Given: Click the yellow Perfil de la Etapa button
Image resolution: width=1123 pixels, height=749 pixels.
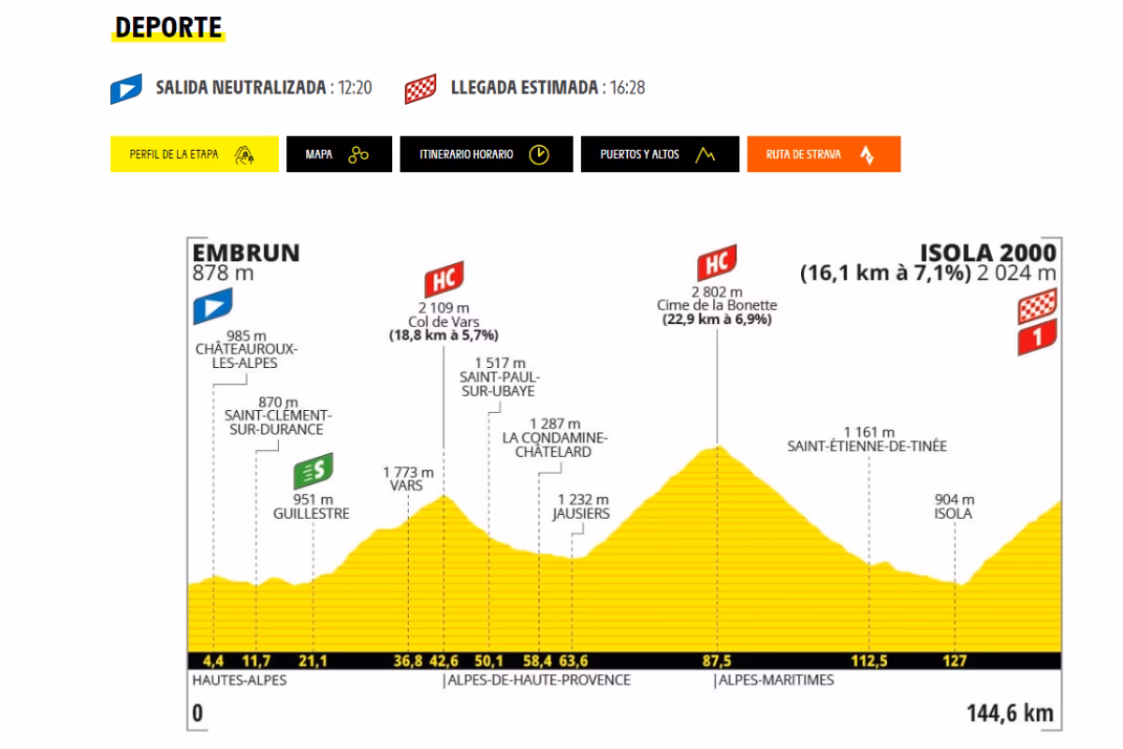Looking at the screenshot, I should (x=194, y=154).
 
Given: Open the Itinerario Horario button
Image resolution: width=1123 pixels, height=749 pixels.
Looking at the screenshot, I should (x=486, y=154).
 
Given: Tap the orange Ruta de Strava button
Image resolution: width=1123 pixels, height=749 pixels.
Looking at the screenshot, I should (x=824, y=154).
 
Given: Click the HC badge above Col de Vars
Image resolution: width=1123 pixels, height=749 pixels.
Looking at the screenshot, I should (x=444, y=278).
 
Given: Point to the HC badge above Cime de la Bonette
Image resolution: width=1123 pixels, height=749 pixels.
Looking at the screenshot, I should (x=717, y=262).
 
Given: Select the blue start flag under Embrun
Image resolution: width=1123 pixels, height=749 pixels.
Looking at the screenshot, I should (x=211, y=306).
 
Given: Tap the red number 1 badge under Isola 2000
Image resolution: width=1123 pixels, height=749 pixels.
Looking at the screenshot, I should (x=1037, y=337).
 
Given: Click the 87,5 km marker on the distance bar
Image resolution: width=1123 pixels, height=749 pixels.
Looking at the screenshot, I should (x=716, y=661).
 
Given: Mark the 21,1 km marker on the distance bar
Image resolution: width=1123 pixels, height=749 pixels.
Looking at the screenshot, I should (x=313, y=661).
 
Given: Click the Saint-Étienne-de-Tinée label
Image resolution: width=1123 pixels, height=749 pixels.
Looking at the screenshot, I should (x=868, y=447).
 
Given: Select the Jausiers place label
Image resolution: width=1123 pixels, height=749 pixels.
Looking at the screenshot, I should (x=580, y=513).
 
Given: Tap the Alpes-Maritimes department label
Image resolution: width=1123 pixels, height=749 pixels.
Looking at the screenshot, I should (x=776, y=681).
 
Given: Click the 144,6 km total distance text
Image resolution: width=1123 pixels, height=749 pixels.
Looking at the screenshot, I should (x=1010, y=713).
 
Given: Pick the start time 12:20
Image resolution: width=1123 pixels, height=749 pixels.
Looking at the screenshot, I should (x=356, y=89).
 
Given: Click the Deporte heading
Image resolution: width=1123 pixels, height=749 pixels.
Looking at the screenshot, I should (x=168, y=27).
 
